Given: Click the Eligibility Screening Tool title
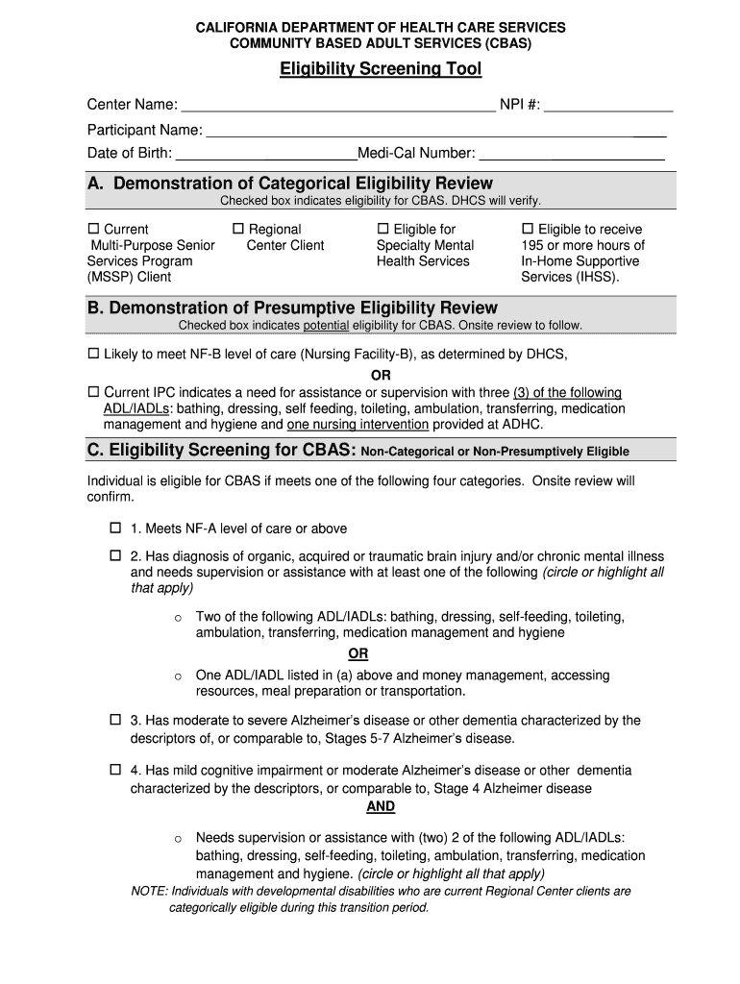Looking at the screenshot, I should (381, 69).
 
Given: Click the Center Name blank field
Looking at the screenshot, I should (337, 105).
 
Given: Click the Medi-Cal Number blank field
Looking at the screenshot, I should (572, 154).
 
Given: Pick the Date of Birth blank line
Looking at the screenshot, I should (265, 154).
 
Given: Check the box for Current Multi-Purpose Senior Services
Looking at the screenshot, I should (94, 230).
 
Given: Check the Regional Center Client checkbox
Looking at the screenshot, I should (239, 230).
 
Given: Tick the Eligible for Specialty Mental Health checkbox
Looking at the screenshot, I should (383, 230).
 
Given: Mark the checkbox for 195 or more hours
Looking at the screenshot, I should (528, 230).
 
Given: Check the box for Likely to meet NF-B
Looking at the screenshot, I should (94, 355).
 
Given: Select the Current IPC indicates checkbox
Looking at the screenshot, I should (94, 393).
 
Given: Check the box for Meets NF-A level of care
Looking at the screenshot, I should (115, 529).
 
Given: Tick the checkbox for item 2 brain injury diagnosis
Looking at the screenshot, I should (115, 556).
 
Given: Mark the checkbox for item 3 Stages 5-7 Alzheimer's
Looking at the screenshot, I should (115, 720).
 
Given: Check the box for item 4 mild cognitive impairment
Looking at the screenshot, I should (115, 770).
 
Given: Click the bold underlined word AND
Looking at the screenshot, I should (381, 807).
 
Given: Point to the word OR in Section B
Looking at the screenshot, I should (382, 375).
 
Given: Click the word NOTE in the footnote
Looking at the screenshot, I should (148, 892).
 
